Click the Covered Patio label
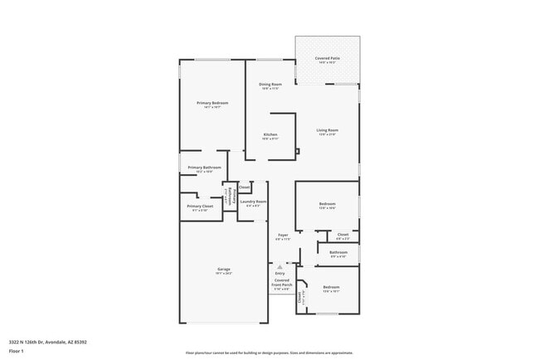[328, 58]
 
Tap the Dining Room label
[270, 84]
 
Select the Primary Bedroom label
[211, 103]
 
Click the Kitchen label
[270, 134]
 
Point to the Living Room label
[327, 129]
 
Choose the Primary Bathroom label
[199, 168]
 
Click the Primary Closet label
[200, 206]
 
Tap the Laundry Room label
[254, 202]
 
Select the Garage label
[224, 269]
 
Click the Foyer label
[283, 235]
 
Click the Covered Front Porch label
[282, 283]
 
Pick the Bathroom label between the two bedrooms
[338, 252]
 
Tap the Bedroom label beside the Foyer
[327, 204]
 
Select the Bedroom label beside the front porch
[331, 287]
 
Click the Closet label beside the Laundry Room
[244, 187]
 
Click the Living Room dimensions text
[327, 134]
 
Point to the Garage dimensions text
[224, 273]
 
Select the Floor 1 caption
[16, 350]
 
